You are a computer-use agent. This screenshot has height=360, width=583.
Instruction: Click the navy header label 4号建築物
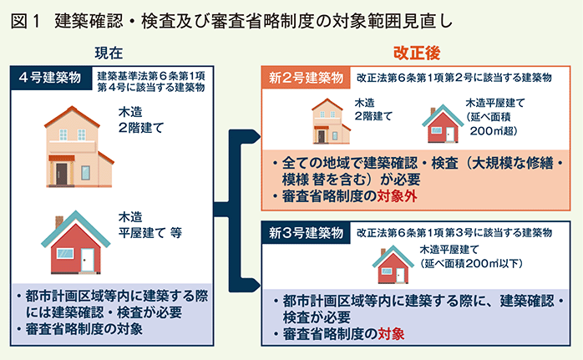(x=51, y=79)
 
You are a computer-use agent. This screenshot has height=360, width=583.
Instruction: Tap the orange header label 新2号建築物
(x=306, y=78)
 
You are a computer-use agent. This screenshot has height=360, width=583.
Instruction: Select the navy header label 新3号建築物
(x=306, y=233)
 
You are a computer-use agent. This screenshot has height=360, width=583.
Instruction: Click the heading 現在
(x=109, y=53)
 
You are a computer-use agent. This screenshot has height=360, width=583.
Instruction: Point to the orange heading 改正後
(x=417, y=53)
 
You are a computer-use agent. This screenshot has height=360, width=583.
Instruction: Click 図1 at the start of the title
(x=25, y=21)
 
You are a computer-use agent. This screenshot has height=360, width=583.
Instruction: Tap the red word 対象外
(x=397, y=196)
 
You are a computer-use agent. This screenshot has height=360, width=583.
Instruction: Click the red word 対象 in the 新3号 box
(x=391, y=333)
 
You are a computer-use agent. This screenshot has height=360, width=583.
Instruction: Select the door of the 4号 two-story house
(x=62, y=174)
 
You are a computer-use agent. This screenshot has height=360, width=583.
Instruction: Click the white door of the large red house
(x=88, y=259)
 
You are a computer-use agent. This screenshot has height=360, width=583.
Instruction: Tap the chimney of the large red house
(x=59, y=222)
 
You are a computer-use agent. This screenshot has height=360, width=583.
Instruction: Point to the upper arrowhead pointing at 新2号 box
(x=256, y=136)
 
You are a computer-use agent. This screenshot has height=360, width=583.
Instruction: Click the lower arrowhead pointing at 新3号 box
(x=256, y=286)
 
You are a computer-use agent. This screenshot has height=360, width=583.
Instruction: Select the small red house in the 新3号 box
(x=393, y=265)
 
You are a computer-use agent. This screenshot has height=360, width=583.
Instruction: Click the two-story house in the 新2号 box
(x=330, y=121)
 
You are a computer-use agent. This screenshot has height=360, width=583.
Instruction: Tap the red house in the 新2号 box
(x=443, y=124)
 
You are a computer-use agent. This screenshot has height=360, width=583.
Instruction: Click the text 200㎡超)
(x=494, y=131)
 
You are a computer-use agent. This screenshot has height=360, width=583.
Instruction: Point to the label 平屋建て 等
(x=150, y=233)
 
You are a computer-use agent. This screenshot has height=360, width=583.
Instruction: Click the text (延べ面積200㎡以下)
(x=471, y=263)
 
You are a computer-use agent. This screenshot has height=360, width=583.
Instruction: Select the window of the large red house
(x=64, y=253)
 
